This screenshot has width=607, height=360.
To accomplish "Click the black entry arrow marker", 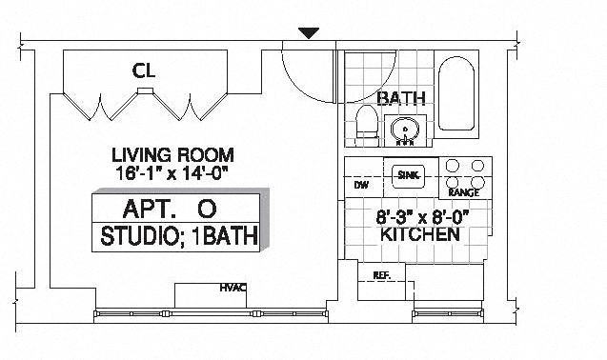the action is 309,33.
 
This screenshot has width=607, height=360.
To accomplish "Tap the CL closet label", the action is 144,70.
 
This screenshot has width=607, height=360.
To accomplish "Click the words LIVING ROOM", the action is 172,155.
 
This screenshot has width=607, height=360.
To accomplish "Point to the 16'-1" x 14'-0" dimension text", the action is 171,173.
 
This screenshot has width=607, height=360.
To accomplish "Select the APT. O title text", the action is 170,209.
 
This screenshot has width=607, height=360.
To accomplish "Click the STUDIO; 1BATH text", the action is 179,236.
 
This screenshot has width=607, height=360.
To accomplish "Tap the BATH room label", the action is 401,98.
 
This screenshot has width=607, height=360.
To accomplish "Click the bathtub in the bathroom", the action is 456,93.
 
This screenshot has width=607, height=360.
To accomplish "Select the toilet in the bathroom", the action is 367,125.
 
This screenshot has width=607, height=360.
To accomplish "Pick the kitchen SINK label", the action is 409,175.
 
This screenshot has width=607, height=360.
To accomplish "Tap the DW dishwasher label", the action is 361,185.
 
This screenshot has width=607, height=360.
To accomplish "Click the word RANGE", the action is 463,192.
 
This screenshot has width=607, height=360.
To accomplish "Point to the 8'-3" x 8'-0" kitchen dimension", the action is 422,217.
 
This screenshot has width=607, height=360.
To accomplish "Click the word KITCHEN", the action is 420,234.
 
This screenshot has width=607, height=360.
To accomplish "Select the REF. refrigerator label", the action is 382,275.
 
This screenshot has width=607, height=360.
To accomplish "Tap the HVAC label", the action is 233,288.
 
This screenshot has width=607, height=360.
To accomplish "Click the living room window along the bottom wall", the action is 211,314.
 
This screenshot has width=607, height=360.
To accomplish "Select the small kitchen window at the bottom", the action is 448,313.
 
